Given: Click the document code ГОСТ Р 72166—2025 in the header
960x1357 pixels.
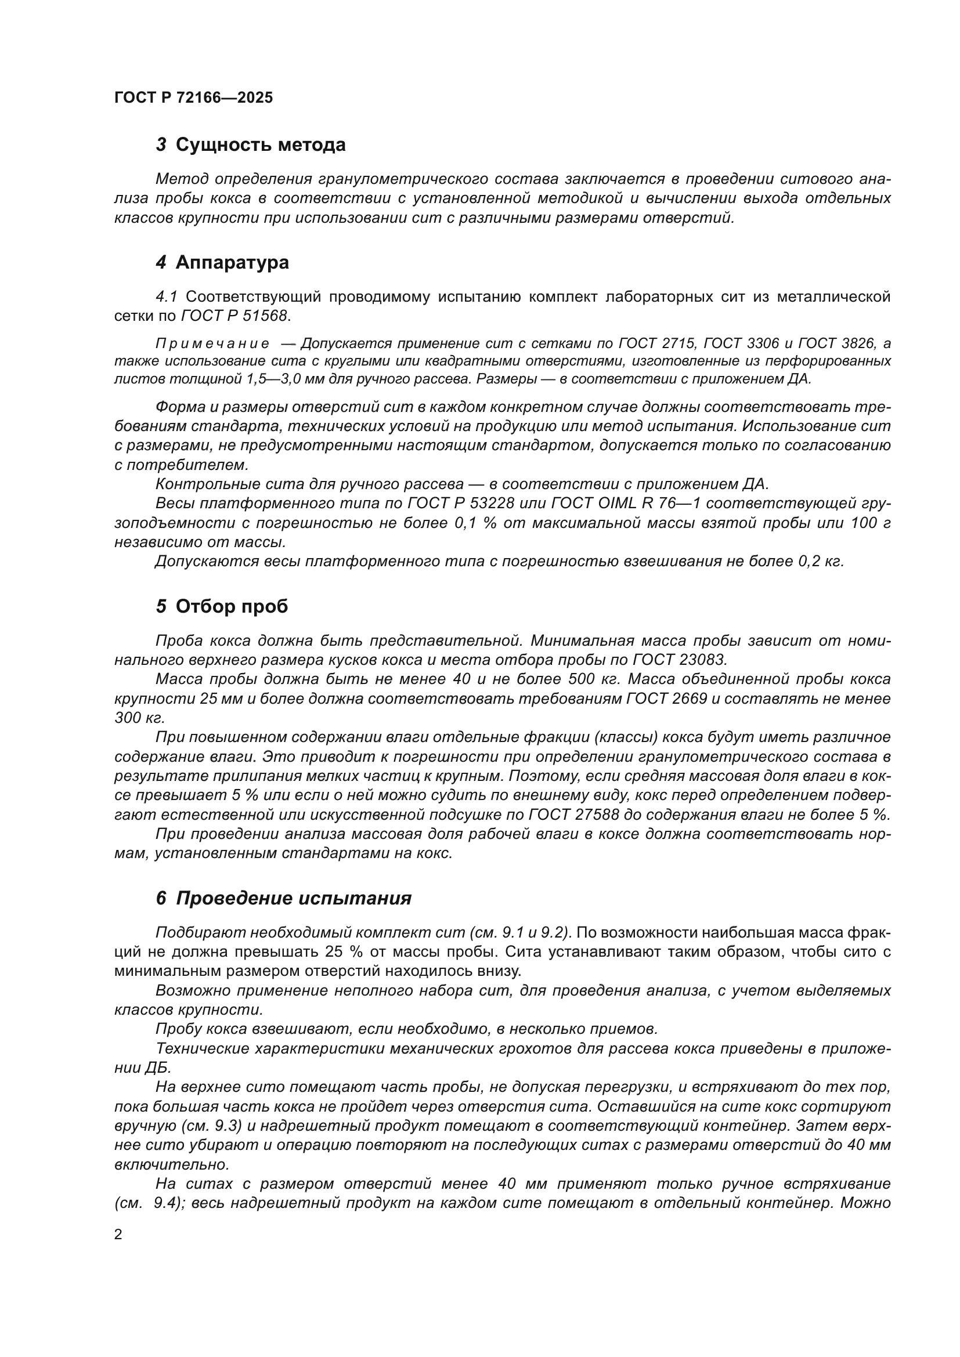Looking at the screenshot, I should coord(193,97).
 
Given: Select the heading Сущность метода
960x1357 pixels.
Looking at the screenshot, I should coord(260,145).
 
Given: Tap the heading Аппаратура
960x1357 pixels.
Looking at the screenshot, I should coord(232,262).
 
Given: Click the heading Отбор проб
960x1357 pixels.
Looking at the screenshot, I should coord(231,606).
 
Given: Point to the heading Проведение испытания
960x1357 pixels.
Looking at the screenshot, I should coord(293,898).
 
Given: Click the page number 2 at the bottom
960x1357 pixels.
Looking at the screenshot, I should coord(118,1235).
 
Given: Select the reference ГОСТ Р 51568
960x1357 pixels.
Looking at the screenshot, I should coord(234,316).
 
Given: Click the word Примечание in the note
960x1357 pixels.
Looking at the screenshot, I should coord(212,344).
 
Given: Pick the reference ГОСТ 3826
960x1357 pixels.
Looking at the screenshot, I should coord(838,344).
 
